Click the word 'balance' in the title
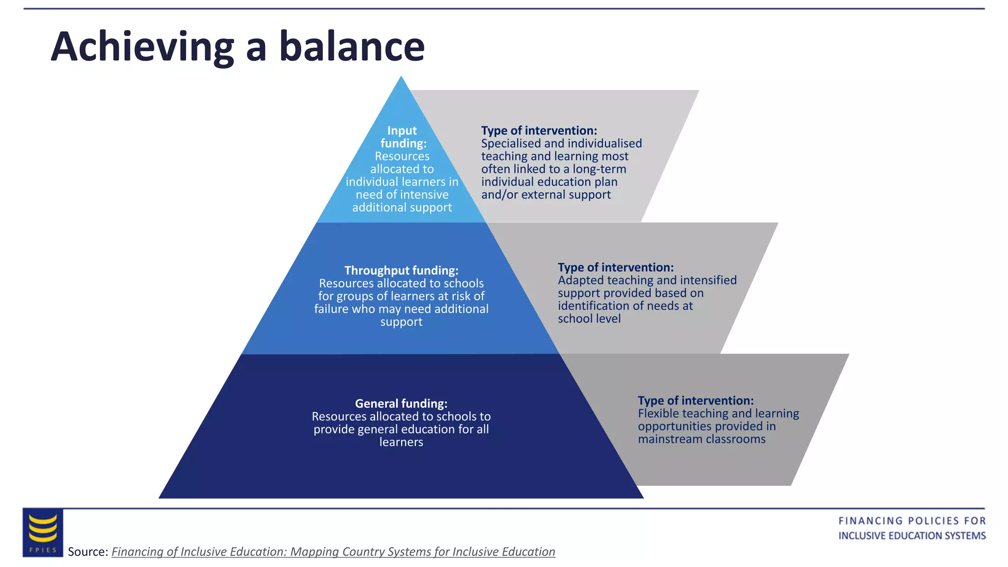[351, 47]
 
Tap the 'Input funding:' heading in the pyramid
[403, 137]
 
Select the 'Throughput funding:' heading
[401, 270]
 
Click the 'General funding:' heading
[401, 404]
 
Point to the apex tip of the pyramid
[401, 78]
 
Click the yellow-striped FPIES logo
[43, 532]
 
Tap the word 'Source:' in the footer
[88, 552]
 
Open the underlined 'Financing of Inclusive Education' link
[333, 552]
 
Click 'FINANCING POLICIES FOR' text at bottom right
[912, 521]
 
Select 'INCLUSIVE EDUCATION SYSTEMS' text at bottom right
[912, 535]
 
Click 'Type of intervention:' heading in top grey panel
[539, 130]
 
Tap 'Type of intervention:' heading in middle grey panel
[615, 267]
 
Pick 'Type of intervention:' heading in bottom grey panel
[695, 401]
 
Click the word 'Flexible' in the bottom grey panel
[658, 413]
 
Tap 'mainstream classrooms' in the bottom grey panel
[701, 439]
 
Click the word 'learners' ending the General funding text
[401, 442]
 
